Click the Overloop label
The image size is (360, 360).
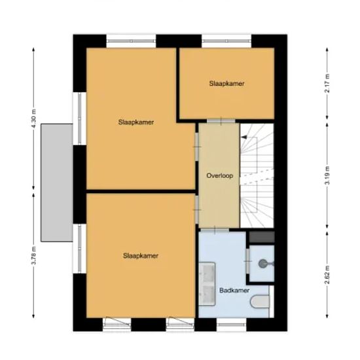point(220,175)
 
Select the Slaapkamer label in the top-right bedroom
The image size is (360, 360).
point(227,83)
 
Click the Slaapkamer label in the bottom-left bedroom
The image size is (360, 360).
point(140,256)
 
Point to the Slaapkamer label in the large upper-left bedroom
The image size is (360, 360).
point(136,122)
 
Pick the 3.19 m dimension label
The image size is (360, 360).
point(326,176)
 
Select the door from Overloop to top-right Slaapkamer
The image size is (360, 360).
point(219,120)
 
